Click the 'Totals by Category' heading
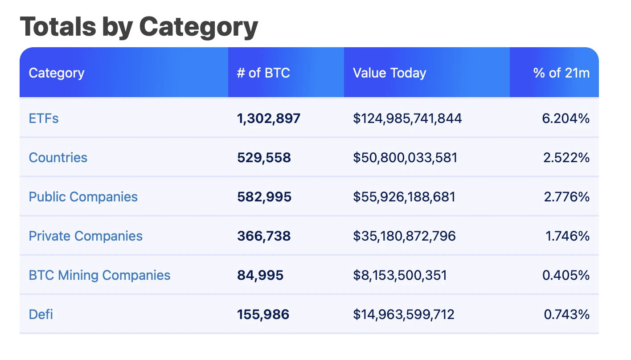[139, 27]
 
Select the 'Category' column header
[57, 73]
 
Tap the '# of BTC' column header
[263, 73]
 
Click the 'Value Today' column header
[389, 73]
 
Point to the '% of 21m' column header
[561, 73]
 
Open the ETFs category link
[44, 119]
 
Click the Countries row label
[58, 158]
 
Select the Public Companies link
[83, 197]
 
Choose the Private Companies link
[86, 236]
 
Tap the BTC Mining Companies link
[99, 275]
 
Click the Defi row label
[41, 315]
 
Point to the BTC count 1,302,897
[269, 119]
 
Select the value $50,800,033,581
[405, 158]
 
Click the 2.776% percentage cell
[566, 197]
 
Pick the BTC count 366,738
[264, 236]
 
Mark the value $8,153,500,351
[400, 275]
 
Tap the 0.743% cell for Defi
[566, 315]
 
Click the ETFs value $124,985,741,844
[407, 119]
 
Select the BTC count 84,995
[260, 275]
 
